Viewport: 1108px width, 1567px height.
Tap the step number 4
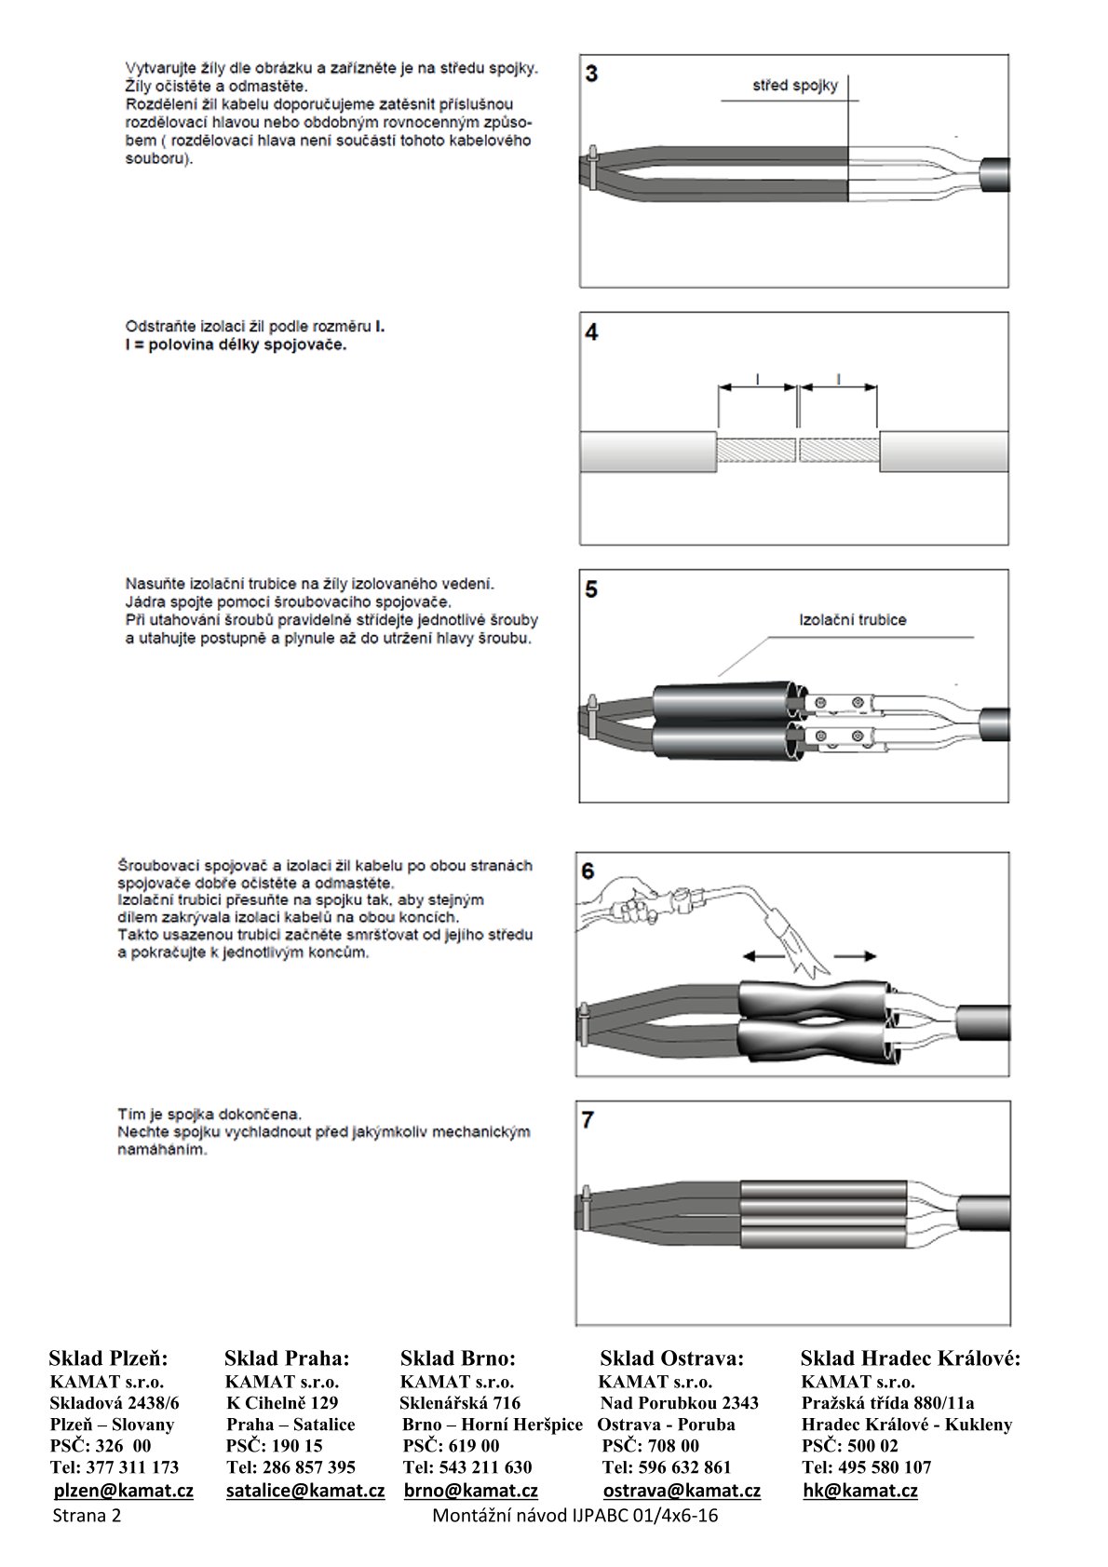click(x=592, y=332)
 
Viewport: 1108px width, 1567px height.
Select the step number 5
click(x=592, y=589)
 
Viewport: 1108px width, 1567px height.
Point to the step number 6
click(x=588, y=871)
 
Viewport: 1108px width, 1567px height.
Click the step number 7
click(x=588, y=1120)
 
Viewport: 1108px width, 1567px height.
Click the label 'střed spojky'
click(x=794, y=86)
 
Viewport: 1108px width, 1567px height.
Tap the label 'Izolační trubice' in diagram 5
click(x=852, y=619)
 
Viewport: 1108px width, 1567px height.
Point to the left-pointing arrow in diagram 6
click(x=762, y=955)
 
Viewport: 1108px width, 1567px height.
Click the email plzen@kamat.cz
click(x=123, y=1490)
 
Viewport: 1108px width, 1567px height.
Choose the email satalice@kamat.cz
click(x=305, y=1490)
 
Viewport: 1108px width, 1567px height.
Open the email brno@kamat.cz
click(x=470, y=1490)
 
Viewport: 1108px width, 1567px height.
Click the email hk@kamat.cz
click(x=859, y=1490)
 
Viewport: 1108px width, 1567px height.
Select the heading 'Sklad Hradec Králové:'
click(x=910, y=1358)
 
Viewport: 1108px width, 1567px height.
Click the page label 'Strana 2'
click(x=87, y=1515)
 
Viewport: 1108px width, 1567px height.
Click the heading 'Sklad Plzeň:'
click(x=108, y=1358)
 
